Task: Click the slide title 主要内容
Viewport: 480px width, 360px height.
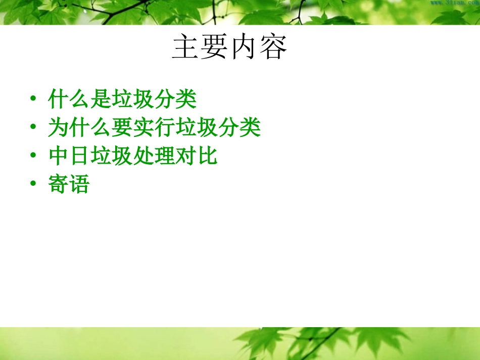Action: (x=230, y=48)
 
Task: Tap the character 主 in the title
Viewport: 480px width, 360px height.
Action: (x=186, y=48)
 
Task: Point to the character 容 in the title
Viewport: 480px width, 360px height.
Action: (x=273, y=48)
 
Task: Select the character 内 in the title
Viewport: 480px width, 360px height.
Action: (x=245, y=48)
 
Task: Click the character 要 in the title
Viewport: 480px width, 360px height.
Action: (x=215, y=48)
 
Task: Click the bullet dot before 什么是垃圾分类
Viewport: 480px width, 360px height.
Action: (x=33, y=98)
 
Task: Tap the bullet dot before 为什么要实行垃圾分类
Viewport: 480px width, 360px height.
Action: (x=33, y=127)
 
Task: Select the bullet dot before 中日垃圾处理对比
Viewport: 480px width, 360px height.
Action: (x=33, y=156)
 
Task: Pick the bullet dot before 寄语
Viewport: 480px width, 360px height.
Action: (x=33, y=185)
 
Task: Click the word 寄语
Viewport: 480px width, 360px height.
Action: (x=69, y=185)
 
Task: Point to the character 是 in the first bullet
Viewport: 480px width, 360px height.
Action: (x=100, y=99)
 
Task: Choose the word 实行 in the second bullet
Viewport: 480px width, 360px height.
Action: (x=154, y=128)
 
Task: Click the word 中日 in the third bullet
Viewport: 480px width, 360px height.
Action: (x=69, y=157)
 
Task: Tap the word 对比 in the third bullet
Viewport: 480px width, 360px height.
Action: (x=197, y=157)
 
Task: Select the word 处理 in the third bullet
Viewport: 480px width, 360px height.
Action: (x=154, y=157)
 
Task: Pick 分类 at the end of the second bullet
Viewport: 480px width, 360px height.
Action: (x=239, y=128)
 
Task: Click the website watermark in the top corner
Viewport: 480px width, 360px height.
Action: (x=454, y=3)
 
